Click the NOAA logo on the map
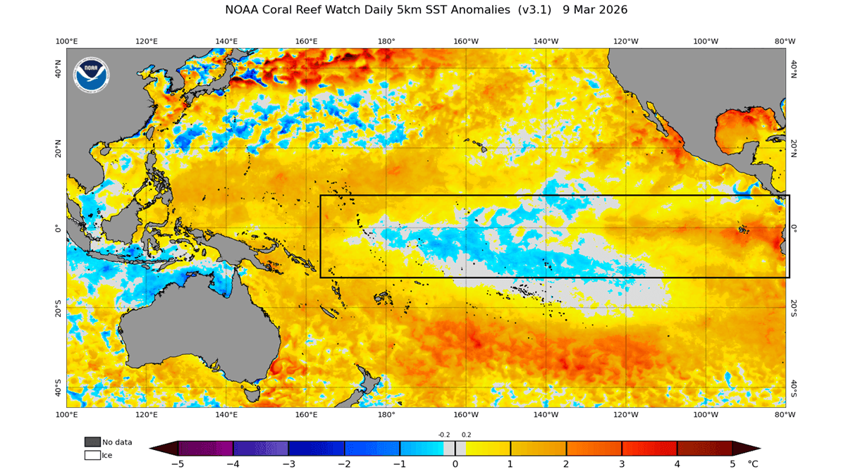(x=92, y=75)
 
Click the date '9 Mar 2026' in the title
(x=595, y=10)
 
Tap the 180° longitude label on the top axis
(x=386, y=41)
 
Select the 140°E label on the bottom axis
(x=226, y=415)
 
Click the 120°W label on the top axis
(x=626, y=41)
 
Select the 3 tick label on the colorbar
(x=622, y=464)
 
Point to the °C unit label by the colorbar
(x=753, y=464)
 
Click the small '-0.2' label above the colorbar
(x=444, y=435)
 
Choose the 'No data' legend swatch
(x=92, y=442)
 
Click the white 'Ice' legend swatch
(x=92, y=455)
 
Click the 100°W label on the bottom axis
(x=706, y=415)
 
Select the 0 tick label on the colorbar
(x=455, y=464)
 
